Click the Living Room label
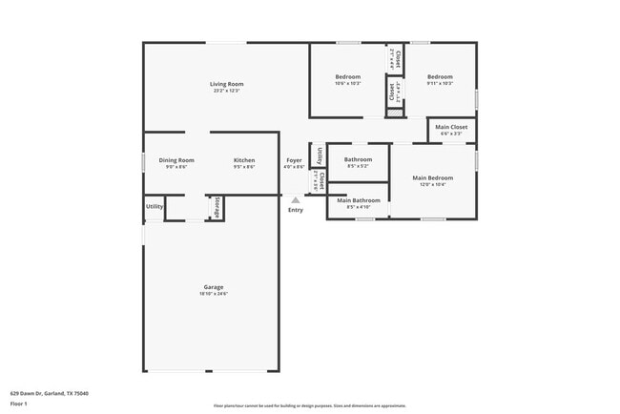click(227, 84)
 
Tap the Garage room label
click(213, 287)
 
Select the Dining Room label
click(176, 160)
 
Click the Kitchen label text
click(244, 160)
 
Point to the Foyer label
click(294, 160)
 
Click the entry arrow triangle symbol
click(295, 199)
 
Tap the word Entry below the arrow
click(296, 210)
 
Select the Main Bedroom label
click(432, 178)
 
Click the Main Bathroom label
click(359, 200)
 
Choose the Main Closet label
click(448, 127)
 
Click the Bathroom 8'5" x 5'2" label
click(358, 159)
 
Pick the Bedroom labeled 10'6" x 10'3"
click(347, 76)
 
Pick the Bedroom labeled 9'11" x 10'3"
click(440, 76)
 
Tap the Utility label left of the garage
click(154, 206)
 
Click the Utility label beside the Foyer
click(319, 155)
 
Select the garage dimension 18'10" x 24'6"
click(213, 294)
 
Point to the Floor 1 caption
click(19, 404)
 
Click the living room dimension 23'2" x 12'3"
click(227, 91)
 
